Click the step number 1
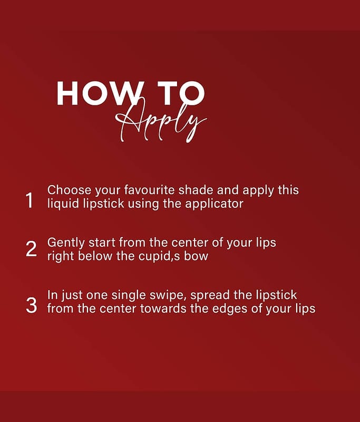pos(30,200)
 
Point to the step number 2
pos(31,249)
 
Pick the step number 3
pos(31,305)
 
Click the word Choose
pos(70,190)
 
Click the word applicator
pos(215,204)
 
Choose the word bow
pos(196,256)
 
